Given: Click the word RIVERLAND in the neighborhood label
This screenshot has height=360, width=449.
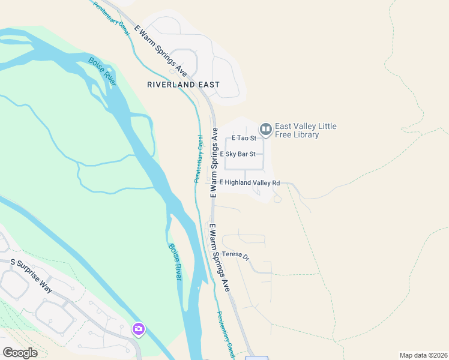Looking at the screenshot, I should coord(171,85).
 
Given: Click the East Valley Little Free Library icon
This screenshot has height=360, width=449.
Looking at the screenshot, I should coord(265,129).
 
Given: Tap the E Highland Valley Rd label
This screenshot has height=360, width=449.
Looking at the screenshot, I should coord(250,182).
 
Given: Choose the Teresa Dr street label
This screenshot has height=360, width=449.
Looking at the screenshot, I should coord(235,254).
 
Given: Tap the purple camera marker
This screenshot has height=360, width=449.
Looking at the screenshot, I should coord(139,329).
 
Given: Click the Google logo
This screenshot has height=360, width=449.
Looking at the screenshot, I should coord(20,353).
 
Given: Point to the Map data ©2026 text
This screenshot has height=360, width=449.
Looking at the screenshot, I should coord(423,355).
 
